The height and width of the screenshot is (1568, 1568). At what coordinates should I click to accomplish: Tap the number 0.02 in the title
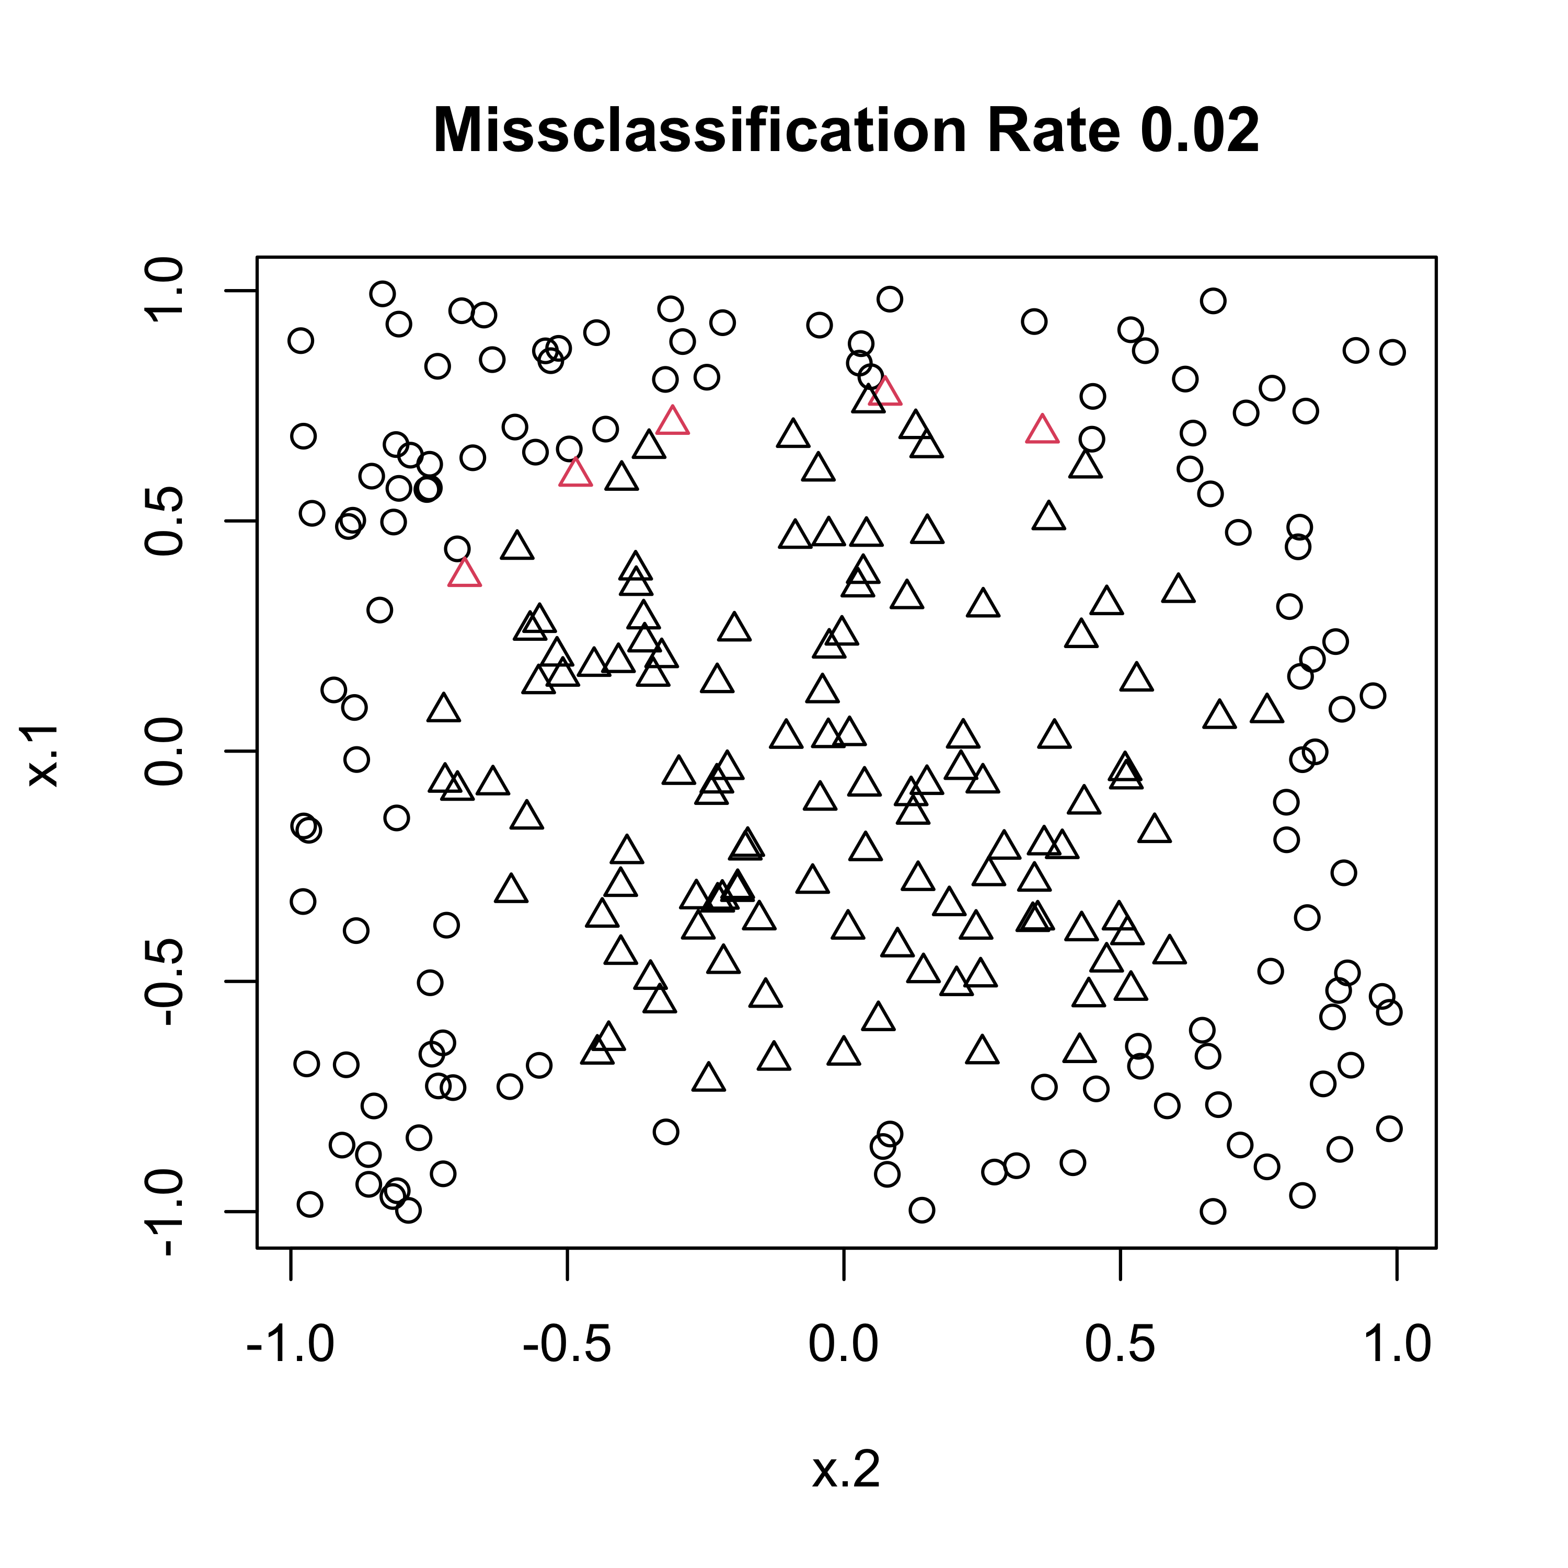point(1200,131)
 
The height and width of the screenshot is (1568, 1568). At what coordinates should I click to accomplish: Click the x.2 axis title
point(846,1469)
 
